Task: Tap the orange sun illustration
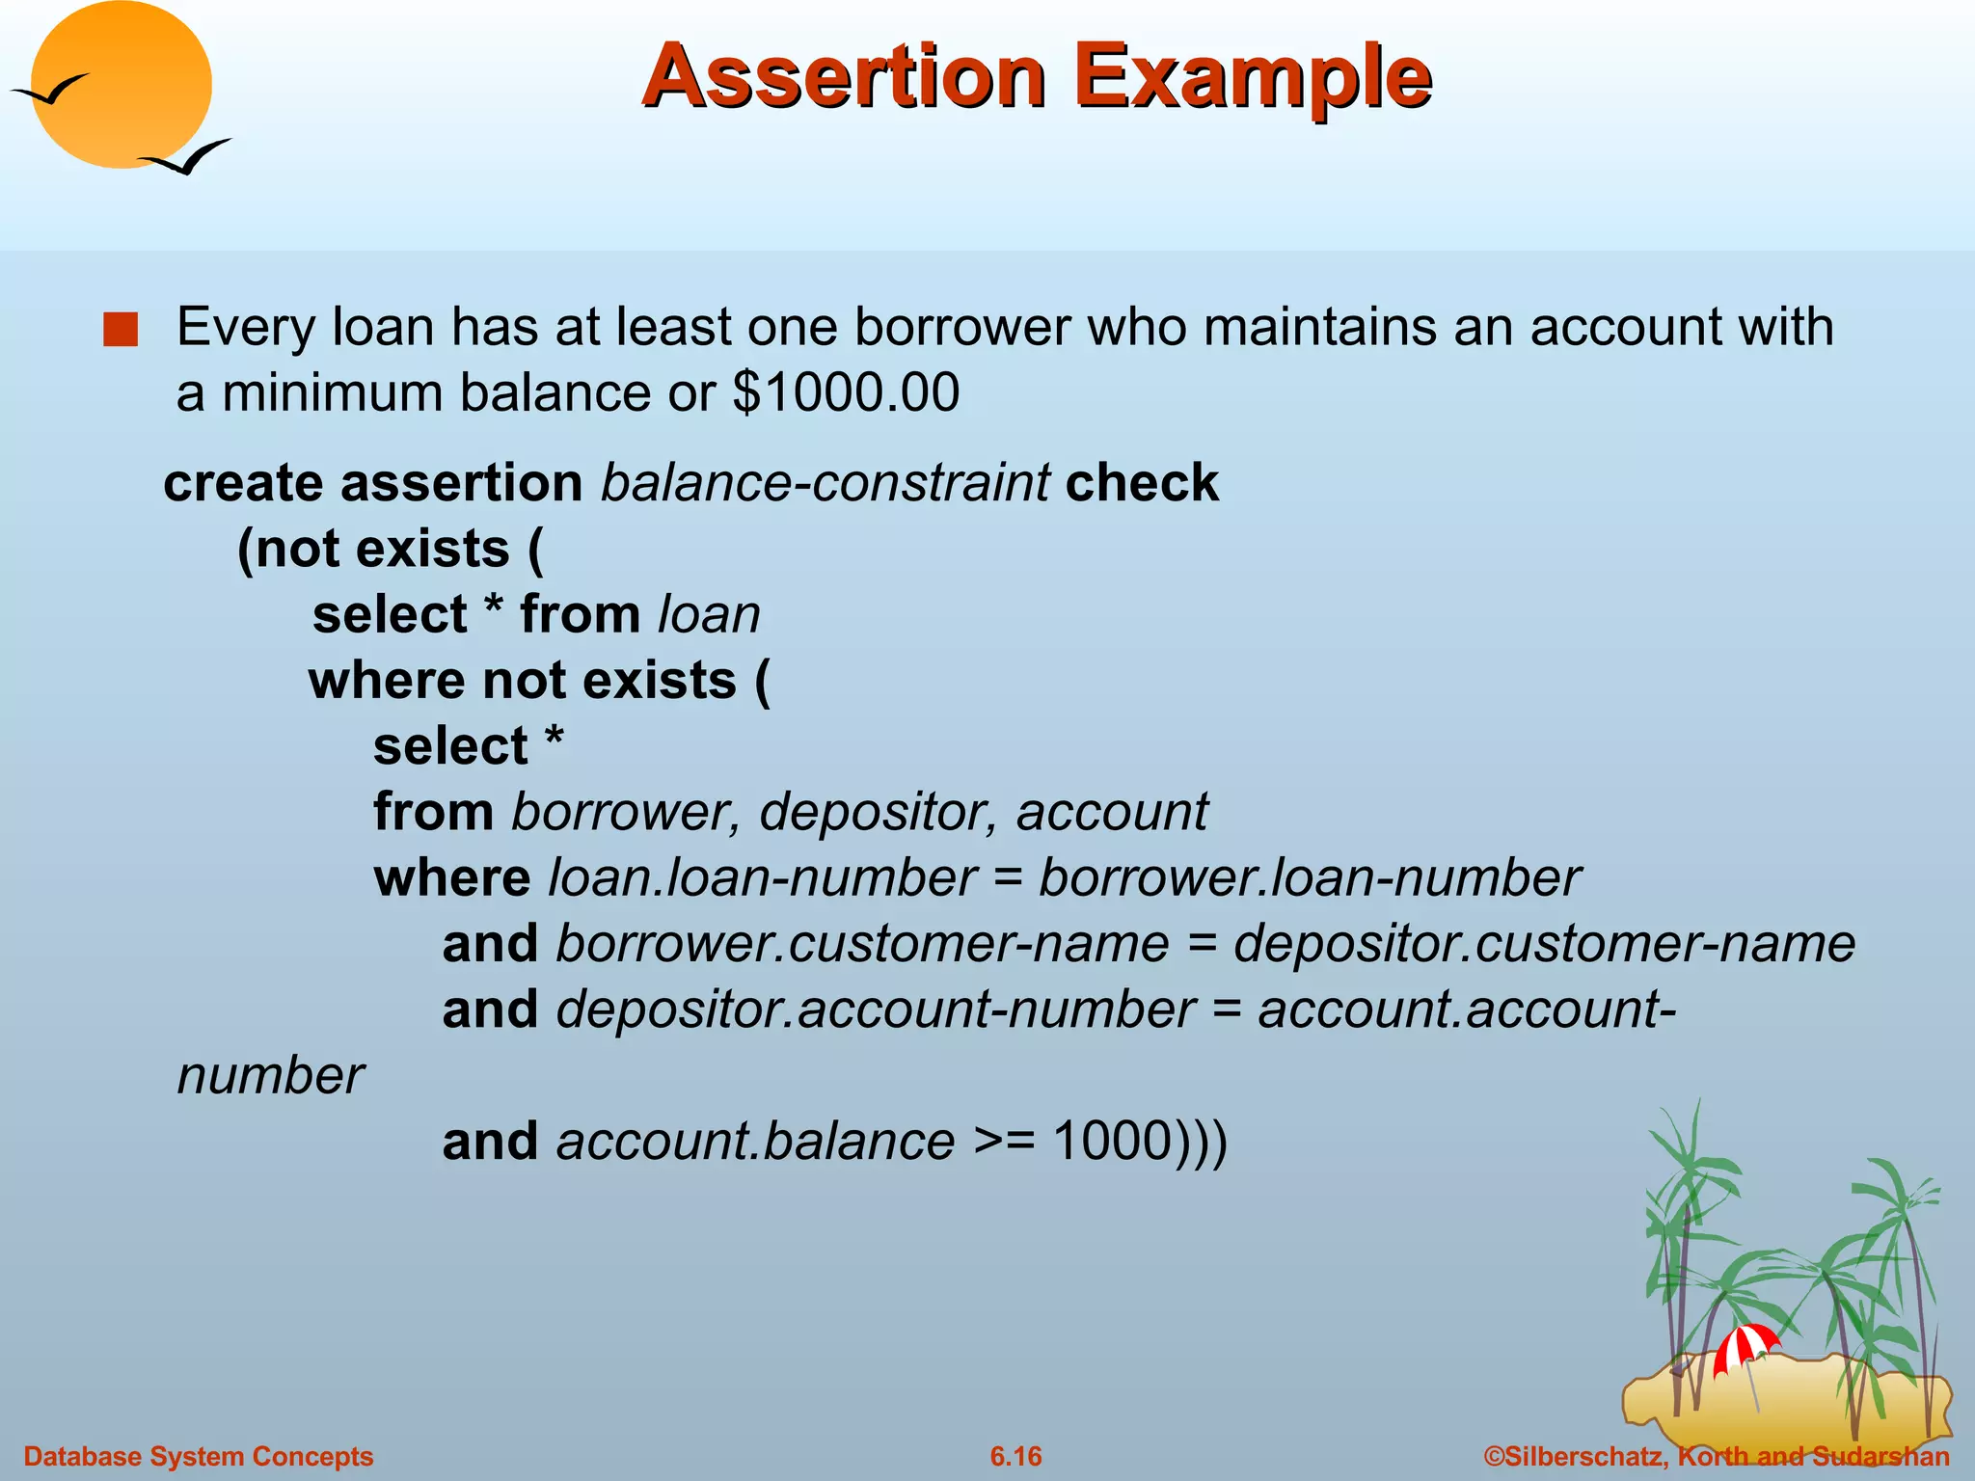[121, 85]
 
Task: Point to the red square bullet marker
[122, 330]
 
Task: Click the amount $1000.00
[846, 392]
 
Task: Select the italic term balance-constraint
[825, 482]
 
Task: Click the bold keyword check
[1142, 482]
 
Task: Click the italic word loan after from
[710, 614]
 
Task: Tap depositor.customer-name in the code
[1544, 943]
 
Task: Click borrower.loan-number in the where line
[1309, 877]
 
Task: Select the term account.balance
[755, 1142]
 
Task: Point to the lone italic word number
[271, 1076]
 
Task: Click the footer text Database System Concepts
[199, 1456]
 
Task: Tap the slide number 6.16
[1015, 1456]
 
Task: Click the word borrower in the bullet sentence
[961, 327]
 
